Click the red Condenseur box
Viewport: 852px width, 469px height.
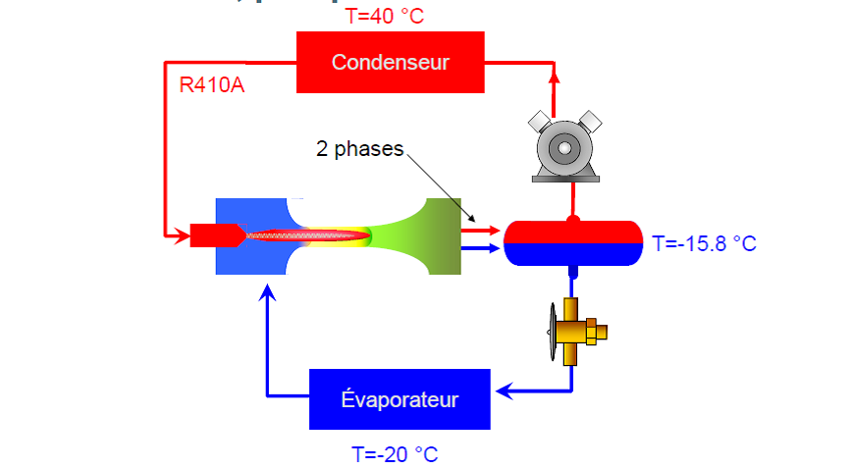click(390, 63)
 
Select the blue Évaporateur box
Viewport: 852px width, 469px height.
click(399, 399)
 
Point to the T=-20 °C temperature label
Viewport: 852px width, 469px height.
click(395, 454)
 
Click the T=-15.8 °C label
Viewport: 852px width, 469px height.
click(704, 243)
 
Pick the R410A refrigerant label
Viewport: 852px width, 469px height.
click(211, 85)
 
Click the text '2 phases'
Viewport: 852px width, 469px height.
click(359, 149)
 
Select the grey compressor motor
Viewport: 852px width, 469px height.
click(564, 148)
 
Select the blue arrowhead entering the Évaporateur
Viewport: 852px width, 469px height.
click(503, 392)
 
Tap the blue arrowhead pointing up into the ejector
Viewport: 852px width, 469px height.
click(267, 291)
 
